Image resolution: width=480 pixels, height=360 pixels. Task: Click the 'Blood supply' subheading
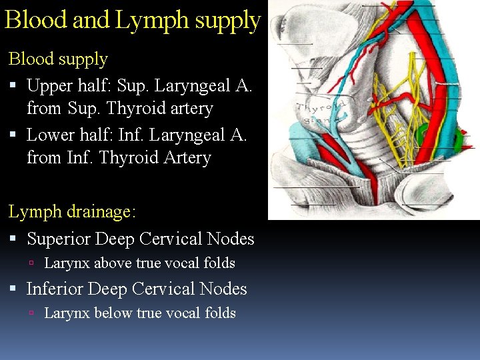58,59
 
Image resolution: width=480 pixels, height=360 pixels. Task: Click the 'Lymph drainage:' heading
72,212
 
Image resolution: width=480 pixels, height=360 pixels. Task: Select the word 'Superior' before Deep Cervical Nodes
59,239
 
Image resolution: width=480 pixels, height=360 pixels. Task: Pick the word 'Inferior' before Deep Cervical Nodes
54,289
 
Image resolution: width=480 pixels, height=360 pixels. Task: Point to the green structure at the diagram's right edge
459,141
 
